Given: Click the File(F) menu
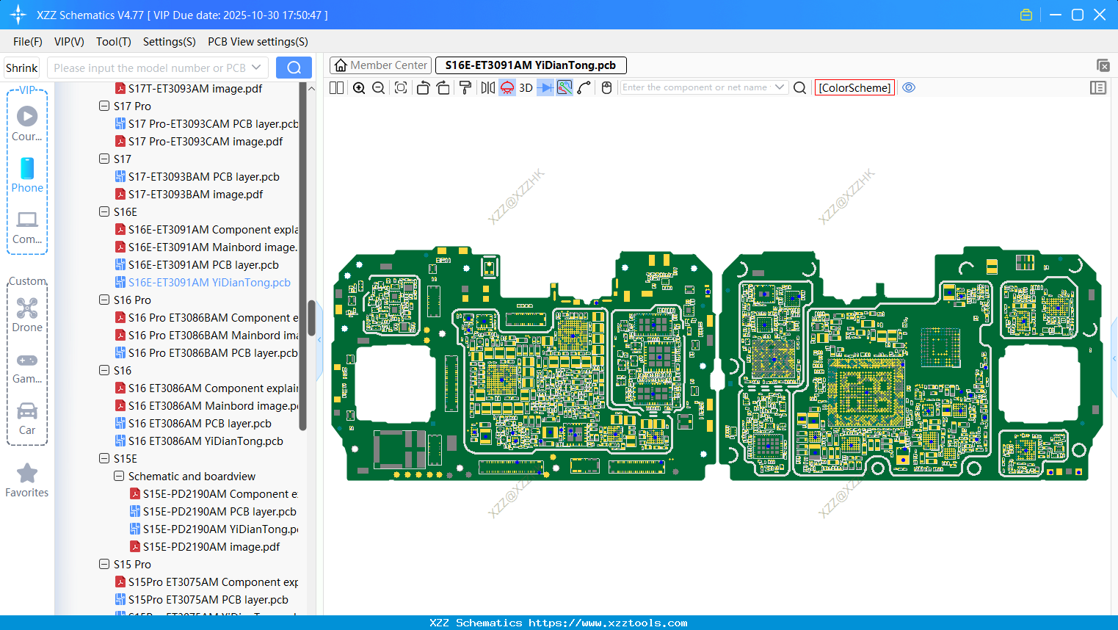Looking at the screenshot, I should pos(28,42).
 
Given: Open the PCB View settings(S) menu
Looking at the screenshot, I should pos(258,42).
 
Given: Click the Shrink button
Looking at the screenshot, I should pos(22,68).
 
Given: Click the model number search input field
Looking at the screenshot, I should pos(150,68).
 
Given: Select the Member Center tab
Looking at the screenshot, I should pos(380,65).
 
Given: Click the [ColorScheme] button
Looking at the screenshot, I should pos(854,88).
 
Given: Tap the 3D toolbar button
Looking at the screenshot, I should pos(526,88).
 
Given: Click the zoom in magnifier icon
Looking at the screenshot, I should pos(359,88).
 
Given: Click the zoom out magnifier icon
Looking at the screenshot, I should pos(379,88).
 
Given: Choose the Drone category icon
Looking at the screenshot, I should pos(27,315).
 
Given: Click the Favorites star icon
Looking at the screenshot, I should pos(27,474).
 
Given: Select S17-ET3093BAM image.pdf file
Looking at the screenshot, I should pos(195,195).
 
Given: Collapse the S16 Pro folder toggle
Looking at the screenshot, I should pos(104,300).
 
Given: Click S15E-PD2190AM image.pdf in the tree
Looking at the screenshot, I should pos(211,547).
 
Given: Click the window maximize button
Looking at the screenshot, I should pos(1078,15).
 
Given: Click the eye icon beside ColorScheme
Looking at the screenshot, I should pos(909,87).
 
